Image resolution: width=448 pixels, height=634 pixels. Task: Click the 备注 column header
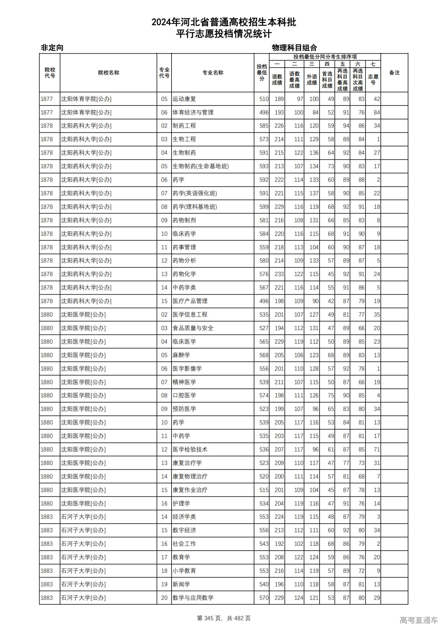[394, 73]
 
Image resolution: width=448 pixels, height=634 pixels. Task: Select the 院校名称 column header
[108, 73]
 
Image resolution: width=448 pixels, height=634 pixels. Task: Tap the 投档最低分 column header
[261, 73]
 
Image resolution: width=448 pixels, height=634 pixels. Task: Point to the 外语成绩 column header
[312, 80]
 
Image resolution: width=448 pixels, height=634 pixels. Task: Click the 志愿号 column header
[373, 80]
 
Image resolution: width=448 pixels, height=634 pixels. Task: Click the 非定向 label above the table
[52, 48]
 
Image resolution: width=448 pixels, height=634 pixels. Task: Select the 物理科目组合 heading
[294, 48]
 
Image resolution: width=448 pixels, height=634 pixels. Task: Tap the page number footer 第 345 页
[224, 618]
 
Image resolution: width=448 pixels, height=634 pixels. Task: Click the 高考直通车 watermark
[419, 620]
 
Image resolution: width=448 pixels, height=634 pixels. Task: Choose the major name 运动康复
[184, 99]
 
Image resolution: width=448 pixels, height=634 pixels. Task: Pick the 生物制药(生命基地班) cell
[201, 166]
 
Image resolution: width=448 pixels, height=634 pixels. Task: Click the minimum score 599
[264, 207]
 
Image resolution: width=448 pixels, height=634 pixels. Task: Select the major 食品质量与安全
[193, 328]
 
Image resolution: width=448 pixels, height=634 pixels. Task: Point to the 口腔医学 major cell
[184, 395]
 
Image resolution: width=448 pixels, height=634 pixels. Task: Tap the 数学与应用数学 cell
[193, 598]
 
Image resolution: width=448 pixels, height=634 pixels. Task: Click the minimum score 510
[264, 99]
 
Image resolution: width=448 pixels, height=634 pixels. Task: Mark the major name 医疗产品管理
[190, 301]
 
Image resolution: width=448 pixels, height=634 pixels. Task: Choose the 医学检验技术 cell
[190, 449]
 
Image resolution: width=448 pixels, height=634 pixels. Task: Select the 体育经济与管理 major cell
[193, 112]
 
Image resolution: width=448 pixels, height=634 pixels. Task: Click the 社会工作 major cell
[184, 544]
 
